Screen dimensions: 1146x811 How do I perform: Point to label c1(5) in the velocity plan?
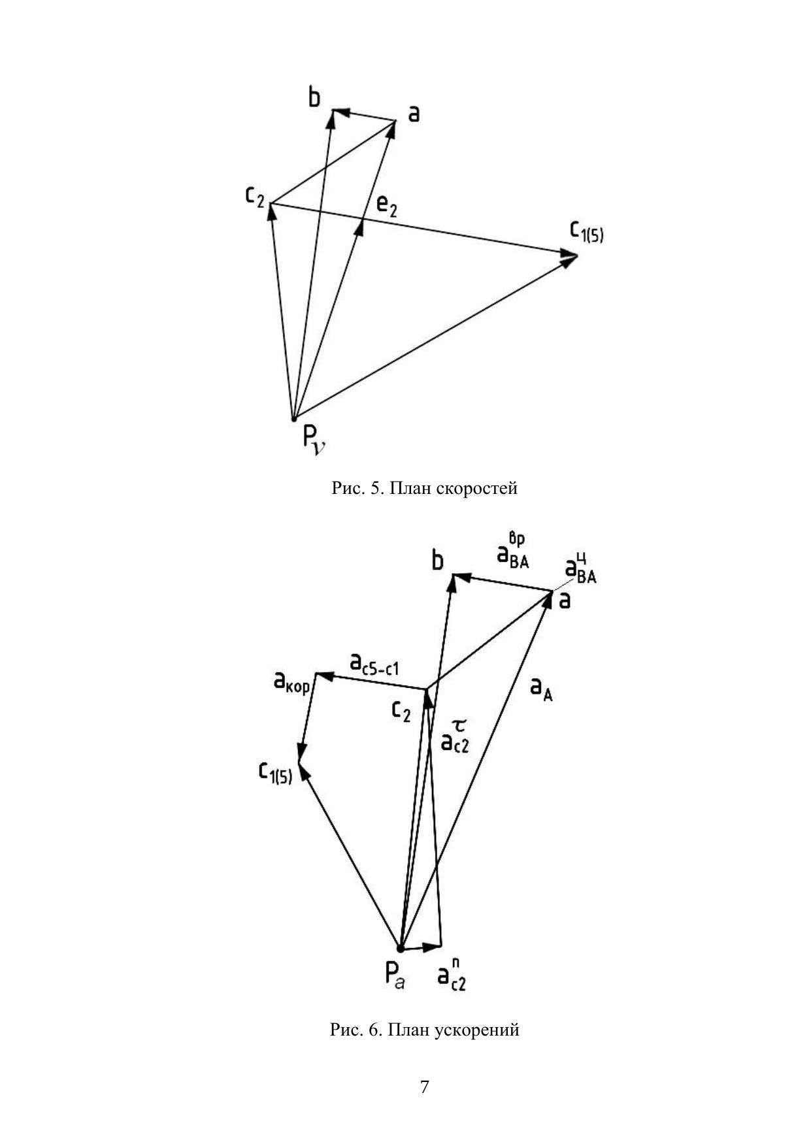pyautogui.click(x=586, y=231)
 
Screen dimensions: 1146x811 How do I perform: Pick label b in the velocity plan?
pyautogui.click(x=315, y=98)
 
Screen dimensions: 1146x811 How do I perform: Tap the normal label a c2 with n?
pyautogui.click(x=452, y=974)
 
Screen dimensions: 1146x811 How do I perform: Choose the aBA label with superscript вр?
pyautogui.click(x=512, y=552)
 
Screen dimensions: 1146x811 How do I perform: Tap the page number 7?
pyautogui.click(x=425, y=1087)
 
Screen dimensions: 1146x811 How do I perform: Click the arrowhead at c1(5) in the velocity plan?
pyautogui.click(x=570, y=257)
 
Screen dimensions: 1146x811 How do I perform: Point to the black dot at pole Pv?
pyautogui.click(x=294, y=418)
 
